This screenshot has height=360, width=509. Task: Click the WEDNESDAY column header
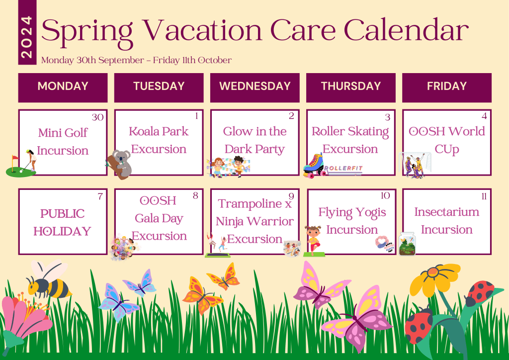click(x=254, y=87)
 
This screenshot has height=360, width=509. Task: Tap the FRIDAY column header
click(x=446, y=87)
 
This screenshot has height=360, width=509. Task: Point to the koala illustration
click(x=119, y=164)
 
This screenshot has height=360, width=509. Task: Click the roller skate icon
click(x=314, y=165)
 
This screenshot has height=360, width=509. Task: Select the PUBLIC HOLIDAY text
click(x=63, y=222)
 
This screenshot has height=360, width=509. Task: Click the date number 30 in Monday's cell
click(x=97, y=117)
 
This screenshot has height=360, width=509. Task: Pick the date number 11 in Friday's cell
click(x=484, y=196)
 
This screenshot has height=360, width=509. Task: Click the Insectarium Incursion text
click(x=446, y=220)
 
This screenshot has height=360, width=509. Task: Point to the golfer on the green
click(x=30, y=159)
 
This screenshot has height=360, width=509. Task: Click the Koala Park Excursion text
click(x=159, y=140)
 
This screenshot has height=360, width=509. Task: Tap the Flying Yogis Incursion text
click(x=352, y=221)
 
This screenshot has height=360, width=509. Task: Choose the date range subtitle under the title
click(x=136, y=60)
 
